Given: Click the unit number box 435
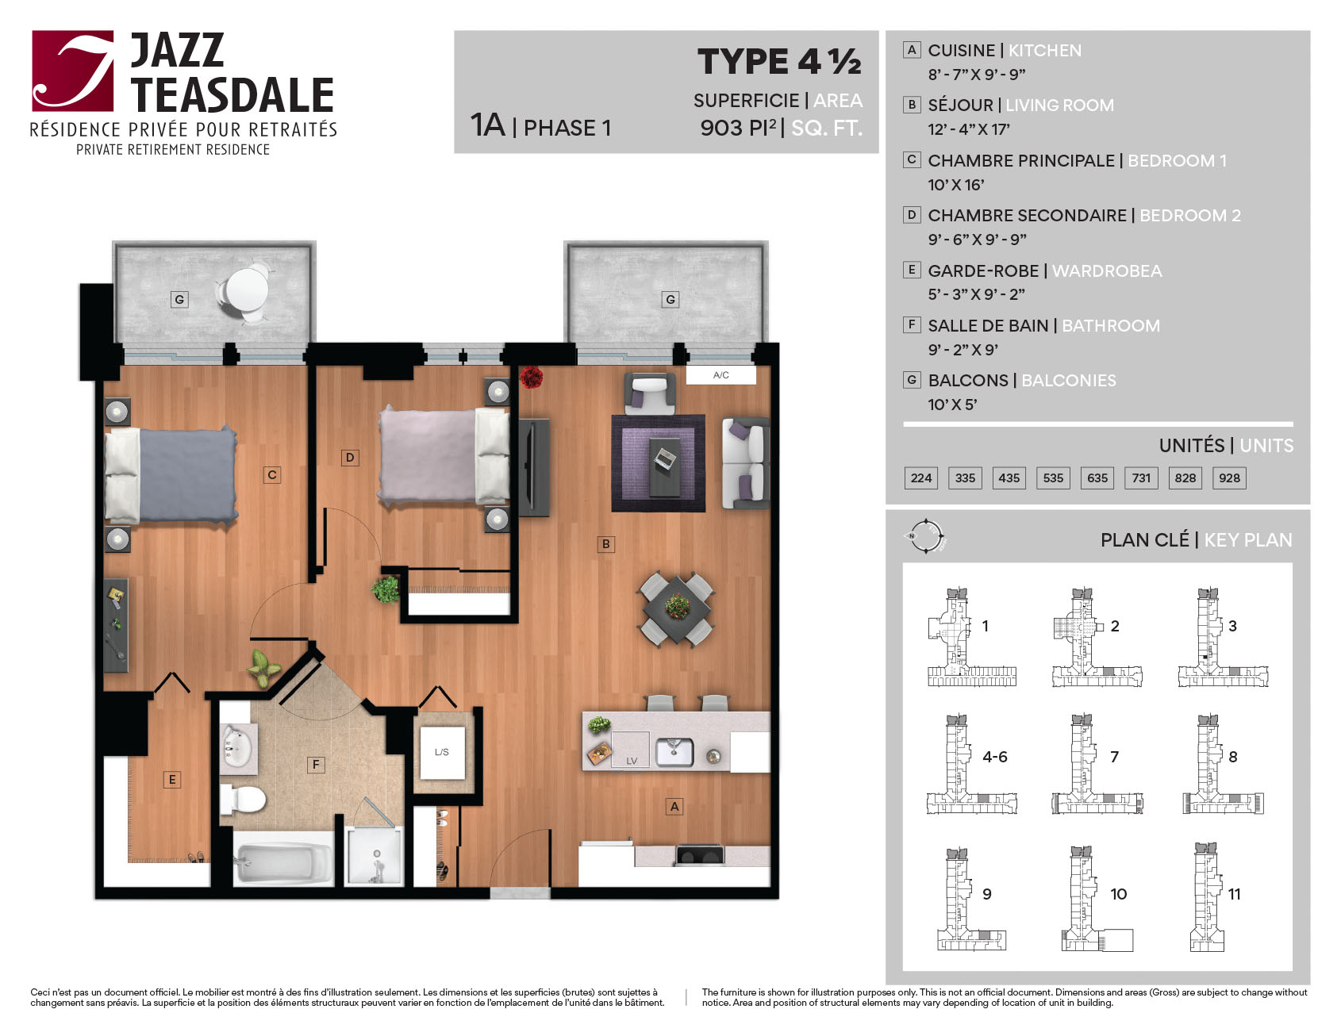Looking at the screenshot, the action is (1009, 478).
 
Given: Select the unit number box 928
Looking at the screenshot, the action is (1229, 478).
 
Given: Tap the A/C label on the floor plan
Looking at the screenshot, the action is (720, 375).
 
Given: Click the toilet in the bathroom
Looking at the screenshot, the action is (242, 800).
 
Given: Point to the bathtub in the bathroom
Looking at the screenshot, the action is (283, 863).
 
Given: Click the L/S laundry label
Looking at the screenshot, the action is (442, 752).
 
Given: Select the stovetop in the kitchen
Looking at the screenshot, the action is (699, 856).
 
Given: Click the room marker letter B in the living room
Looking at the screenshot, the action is (606, 544).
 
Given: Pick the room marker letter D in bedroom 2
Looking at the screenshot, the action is (350, 458).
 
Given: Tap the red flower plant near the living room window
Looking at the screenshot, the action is (531, 377).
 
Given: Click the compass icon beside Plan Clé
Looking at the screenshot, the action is (926, 537).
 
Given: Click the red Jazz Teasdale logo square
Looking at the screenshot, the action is (73, 71).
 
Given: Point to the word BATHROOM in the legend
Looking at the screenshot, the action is (1111, 325).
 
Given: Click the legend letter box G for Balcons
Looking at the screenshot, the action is (912, 380).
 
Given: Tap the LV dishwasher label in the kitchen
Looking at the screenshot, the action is (632, 761).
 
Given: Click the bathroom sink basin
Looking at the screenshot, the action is (236, 747).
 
